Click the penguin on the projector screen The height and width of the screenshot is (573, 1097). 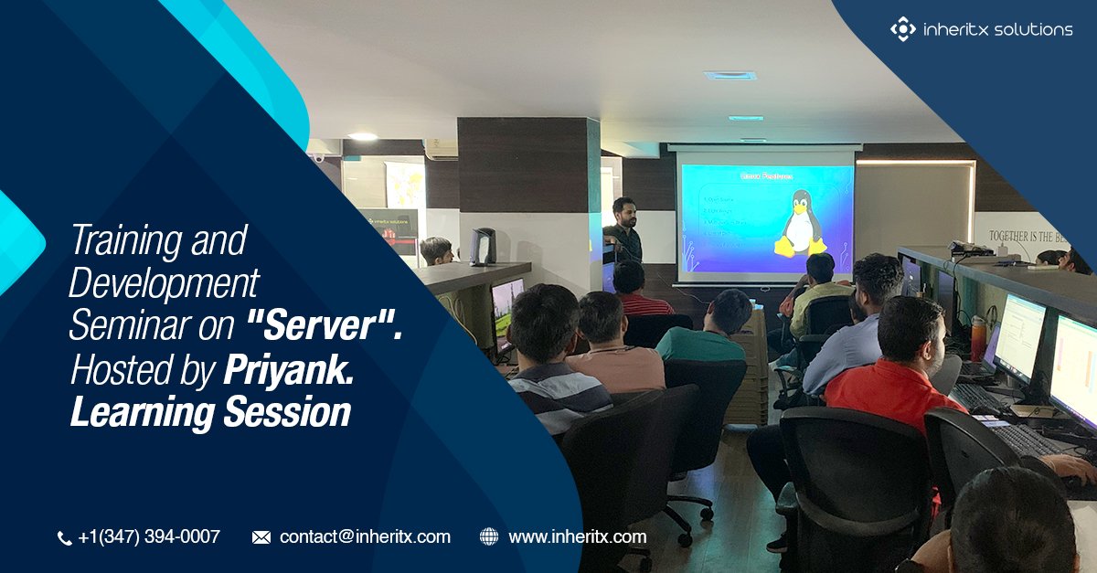tap(801, 225)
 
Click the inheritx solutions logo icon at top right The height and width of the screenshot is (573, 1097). tap(902, 29)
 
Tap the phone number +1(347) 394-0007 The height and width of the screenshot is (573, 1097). tap(149, 537)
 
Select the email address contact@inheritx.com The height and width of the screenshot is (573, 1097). tap(365, 537)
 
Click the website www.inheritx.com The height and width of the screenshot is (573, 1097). tap(577, 537)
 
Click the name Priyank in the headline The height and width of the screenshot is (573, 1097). tap(285, 369)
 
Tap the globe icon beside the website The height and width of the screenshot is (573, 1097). tap(489, 537)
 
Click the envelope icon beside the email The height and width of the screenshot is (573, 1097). tap(261, 537)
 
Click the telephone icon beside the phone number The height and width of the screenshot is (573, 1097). tap(64, 538)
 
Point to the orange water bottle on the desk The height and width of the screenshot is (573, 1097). tap(978, 339)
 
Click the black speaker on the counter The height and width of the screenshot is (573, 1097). tap(483, 247)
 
